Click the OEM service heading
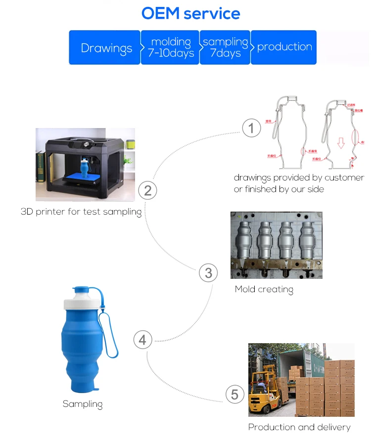coord(190,13)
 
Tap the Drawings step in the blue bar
coord(106,48)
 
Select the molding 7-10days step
coord(170,47)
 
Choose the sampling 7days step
coord(225,47)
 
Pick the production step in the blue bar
coord(284,47)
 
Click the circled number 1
coord(251,129)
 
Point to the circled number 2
coord(147,190)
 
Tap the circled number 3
coord(208,273)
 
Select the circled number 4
coord(142,340)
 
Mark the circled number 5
coord(235,395)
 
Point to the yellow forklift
coord(262,391)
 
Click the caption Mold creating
coord(264,290)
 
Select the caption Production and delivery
coord(299,427)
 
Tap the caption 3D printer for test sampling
coord(81,212)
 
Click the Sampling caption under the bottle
coord(83,404)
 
